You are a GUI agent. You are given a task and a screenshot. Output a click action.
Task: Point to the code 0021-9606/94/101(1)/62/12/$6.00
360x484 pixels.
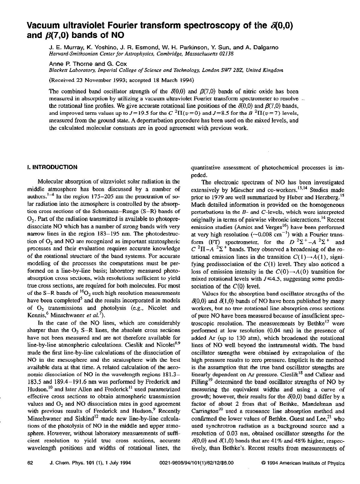pos(196,463)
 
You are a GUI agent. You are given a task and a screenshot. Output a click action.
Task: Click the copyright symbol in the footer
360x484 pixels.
pos(263,463)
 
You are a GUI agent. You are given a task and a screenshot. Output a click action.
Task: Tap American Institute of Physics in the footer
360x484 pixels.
pos(312,463)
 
